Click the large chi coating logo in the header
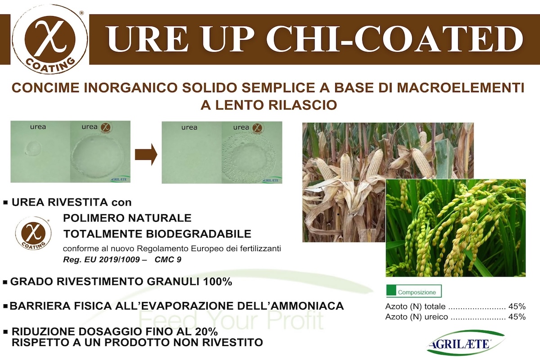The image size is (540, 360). click(x=50, y=40)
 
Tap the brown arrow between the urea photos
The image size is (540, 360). click(x=146, y=154)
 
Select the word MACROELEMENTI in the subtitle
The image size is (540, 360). click(x=460, y=88)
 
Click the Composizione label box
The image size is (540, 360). click(x=414, y=291)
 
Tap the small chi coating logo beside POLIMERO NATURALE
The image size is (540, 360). click(x=33, y=233)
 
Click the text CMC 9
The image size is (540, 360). click(x=168, y=260)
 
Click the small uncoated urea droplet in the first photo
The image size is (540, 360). click(x=33, y=148)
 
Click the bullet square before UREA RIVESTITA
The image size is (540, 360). click(x=5, y=202)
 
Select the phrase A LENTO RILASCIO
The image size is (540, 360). click(x=269, y=105)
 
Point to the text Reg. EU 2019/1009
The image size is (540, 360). click(x=102, y=260)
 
